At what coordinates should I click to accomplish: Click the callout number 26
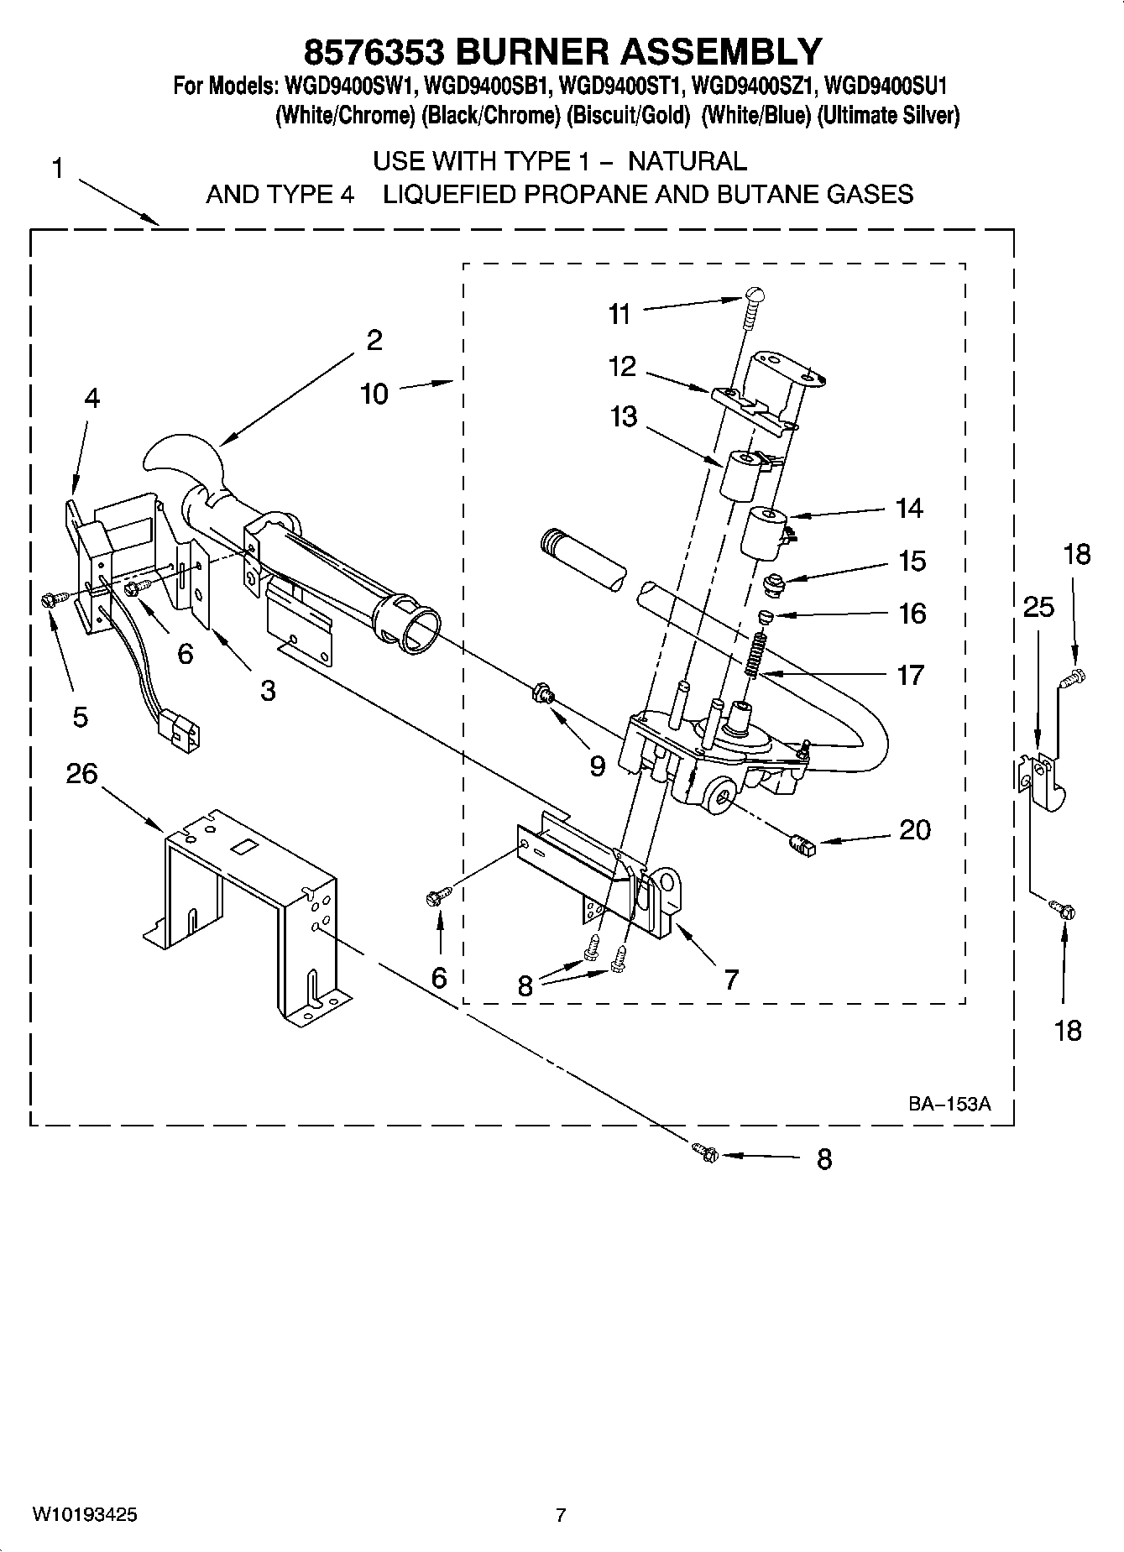(x=82, y=773)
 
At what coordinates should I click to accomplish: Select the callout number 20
(x=914, y=829)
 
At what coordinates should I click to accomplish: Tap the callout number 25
(x=1038, y=607)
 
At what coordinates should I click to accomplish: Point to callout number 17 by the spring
(x=911, y=674)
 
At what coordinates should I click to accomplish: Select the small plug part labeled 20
(x=802, y=845)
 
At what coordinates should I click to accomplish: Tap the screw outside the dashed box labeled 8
(x=704, y=1153)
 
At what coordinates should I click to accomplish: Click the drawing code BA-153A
(x=949, y=1104)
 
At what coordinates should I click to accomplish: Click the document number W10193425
(x=85, y=1515)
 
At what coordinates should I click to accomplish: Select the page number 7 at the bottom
(x=561, y=1515)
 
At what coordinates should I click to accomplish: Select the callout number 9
(x=597, y=766)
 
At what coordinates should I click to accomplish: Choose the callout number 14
(x=910, y=508)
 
